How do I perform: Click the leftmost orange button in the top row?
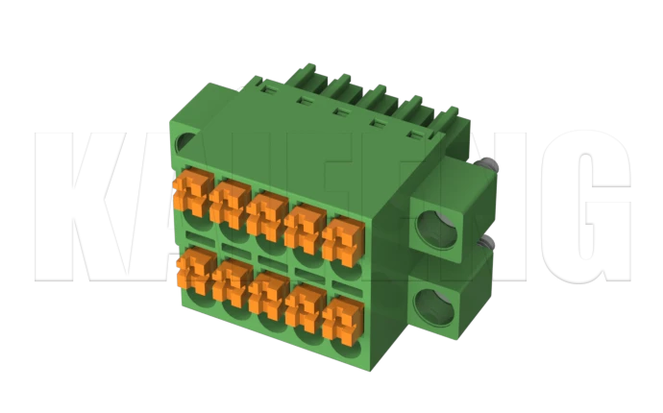tap(190, 192)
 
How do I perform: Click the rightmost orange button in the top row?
tap(342, 238)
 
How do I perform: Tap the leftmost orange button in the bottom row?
tap(196, 270)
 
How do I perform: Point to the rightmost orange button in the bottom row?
tap(342, 319)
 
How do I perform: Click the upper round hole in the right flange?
tap(438, 230)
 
